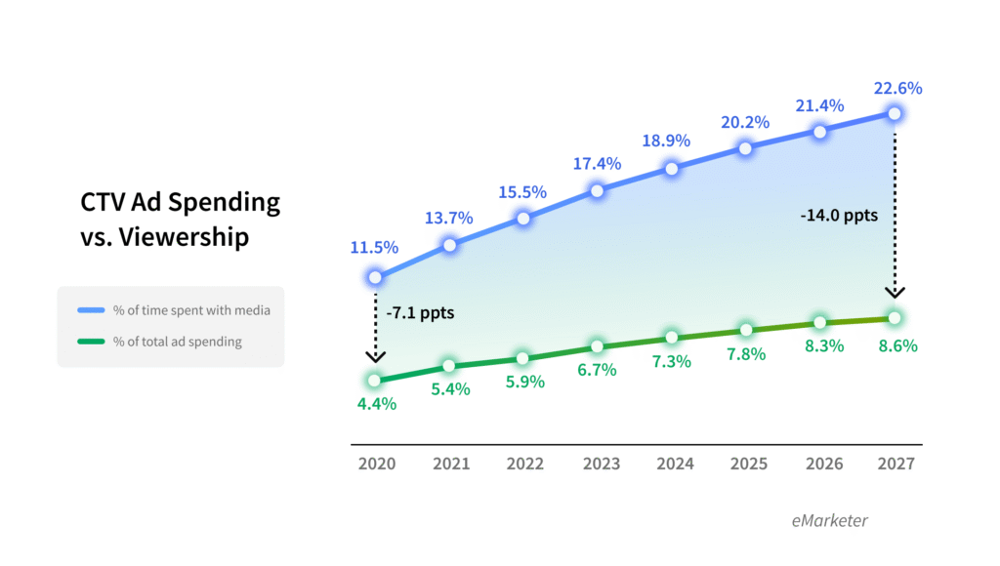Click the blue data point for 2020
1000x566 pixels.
pyautogui.click(x=375, y=277)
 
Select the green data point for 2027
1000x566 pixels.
pyautogui.click(x=895, y=317)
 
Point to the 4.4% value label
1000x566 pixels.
pyautogui.click(x=375, y=403)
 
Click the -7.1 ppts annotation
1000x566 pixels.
pyautogui.click(x=420, y=314)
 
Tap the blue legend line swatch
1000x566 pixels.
pyautogui.click(x=91, y=310)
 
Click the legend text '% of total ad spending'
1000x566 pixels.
pyautogui.click(x=177, y=342)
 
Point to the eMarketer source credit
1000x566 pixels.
pyautogui.click(x=829, y=520)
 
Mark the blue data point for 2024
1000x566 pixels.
pyautogui.click(x=672, y=168)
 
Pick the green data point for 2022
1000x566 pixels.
pyautogui.click(x=523, y=358)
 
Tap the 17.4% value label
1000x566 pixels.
pyautogui.click(x=598, y=163)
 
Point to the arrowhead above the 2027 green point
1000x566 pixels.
pyautogui.click(x=895, y=292)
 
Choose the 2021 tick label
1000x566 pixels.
pyautogui.click(x=450, y=464)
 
